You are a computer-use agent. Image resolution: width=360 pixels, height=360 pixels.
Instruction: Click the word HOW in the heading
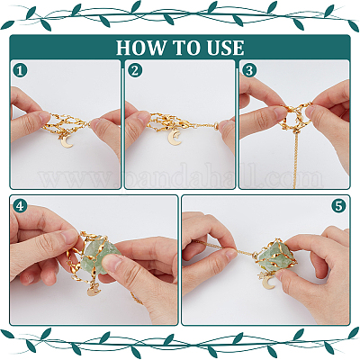(x=140, y=48)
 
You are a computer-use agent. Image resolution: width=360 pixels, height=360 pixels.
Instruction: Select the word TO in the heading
(x=186, y=48)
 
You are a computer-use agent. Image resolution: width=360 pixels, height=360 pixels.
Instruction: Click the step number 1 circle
(x=20, y=71)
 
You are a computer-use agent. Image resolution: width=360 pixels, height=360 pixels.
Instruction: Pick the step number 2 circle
(x=135, y=71)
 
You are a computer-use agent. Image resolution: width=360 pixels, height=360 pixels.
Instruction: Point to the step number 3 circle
(x=249, y=71)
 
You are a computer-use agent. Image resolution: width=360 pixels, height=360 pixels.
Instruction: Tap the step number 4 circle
(x=20, y=206)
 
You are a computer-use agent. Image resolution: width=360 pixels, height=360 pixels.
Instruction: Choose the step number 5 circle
(x=338, y=206)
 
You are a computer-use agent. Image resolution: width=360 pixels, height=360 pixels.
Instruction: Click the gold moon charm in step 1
(x=67, y=141)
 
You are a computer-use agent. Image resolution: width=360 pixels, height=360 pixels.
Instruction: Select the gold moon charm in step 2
(x=174, y=138)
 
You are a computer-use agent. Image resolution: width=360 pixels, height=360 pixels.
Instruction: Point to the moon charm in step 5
(x=269, y=283)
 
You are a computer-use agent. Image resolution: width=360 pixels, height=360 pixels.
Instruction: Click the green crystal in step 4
(x=97, y=255)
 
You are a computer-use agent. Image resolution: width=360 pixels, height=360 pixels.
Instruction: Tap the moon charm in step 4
(x=93, y=289)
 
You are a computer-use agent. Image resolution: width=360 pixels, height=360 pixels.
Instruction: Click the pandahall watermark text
(x=181, y=178)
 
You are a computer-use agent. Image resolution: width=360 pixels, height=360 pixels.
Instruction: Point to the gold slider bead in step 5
(x=256, y=256)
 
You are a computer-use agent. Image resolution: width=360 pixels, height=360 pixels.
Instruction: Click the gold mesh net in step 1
(x=68, y=124)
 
